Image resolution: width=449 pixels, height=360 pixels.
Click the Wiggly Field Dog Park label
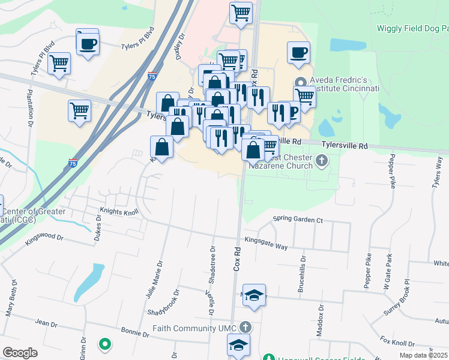(x=412, y=28)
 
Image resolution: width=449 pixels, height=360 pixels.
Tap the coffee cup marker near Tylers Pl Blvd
(x=88, y=43)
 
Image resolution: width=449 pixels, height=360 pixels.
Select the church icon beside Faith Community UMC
(x=244, y=328)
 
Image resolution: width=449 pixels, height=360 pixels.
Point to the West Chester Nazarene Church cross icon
(x=322, y=160)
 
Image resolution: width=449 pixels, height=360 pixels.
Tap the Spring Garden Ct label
(x=298, y=220)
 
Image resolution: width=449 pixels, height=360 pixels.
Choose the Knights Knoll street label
(x=119, y=212)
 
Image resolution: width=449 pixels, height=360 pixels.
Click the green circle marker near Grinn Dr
(x=105, y=344)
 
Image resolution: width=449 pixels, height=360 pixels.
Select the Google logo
(x=20, y=353)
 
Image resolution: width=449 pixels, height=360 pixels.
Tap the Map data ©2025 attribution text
(x=423, y=355)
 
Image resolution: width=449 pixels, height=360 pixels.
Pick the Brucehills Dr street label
(x=303, y=275)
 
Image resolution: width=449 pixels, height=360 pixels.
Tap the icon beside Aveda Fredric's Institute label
(x=300, y=83)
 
